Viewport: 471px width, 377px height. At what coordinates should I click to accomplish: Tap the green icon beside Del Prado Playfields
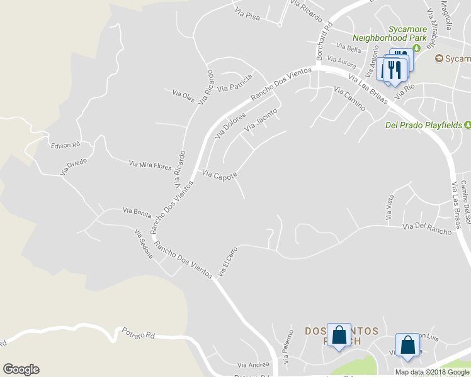tap(467, 124)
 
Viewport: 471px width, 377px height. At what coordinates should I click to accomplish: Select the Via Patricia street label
tap(234, 83)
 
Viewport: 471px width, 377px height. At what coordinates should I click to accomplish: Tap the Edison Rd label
tap(66, 145)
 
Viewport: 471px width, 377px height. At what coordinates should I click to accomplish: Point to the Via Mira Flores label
tap(150, 165)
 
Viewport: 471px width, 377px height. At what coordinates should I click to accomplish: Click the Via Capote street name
tap(219, 175)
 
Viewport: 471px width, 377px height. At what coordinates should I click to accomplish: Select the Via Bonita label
tap(137, 212)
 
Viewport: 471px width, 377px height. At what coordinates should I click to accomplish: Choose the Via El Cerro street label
tap(228, 262)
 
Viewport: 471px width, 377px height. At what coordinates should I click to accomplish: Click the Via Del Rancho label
tap(427, 228)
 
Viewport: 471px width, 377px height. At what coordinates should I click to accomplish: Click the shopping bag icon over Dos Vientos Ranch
tap(339, 336)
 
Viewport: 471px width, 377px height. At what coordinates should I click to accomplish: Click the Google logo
tap(21, 369)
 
